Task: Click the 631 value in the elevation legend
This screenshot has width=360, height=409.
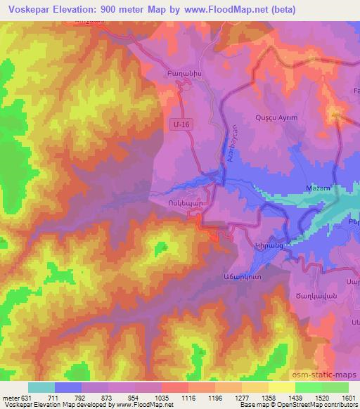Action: click(x=26, y=398)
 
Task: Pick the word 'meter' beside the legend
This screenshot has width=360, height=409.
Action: click(x=11, y=398)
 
